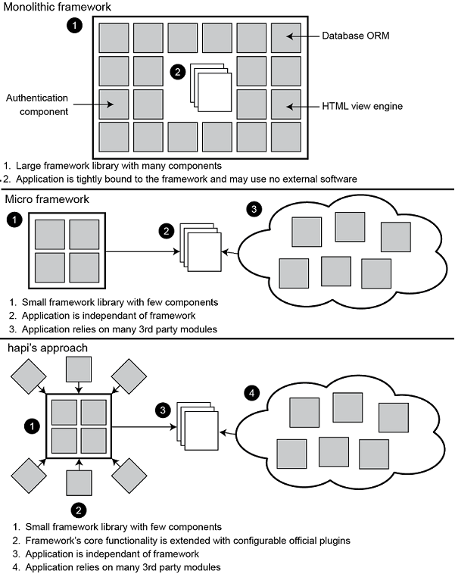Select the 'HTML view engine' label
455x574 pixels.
click(362, 106)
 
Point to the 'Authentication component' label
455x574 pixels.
click(37, 105)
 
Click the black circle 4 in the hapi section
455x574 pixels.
click(252, 393)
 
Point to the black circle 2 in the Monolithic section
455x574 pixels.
click(178, 73)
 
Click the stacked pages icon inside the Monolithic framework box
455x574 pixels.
click(211, 86)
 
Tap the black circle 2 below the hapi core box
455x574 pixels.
click(79, 508)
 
